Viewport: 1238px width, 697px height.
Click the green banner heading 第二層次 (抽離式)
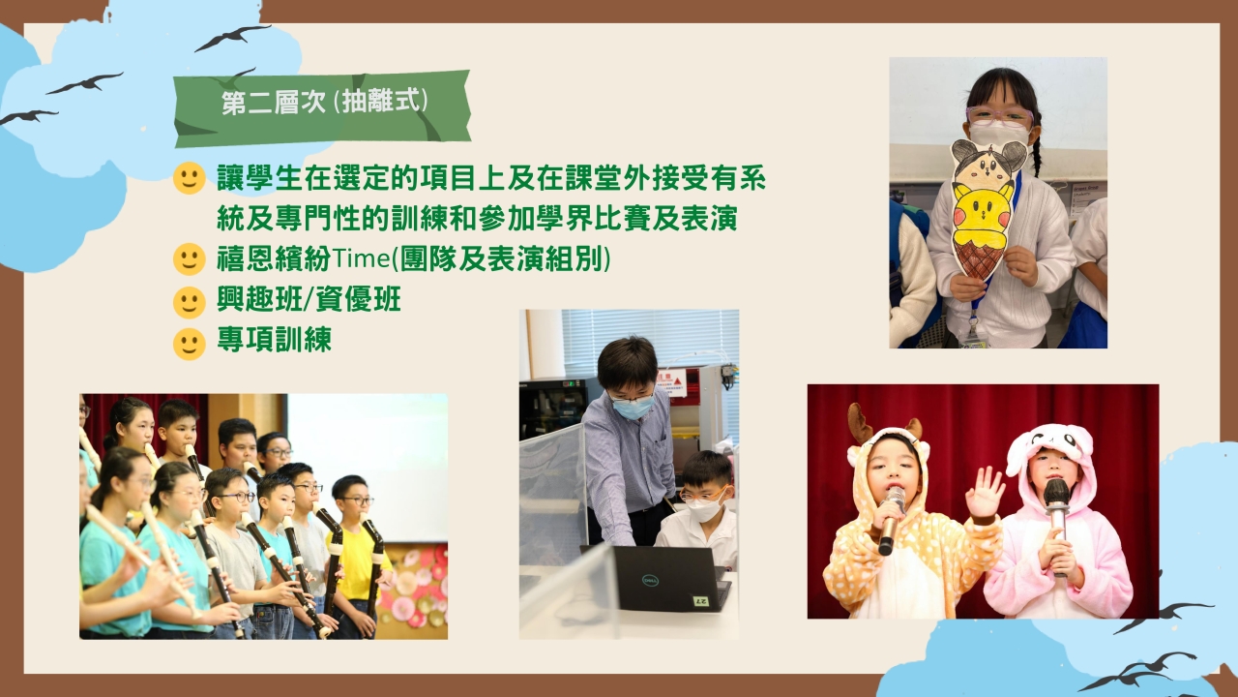tap(322, 107)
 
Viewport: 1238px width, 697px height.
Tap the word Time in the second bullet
tap(361, 258)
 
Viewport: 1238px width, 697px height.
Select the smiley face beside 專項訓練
tap(189, 344)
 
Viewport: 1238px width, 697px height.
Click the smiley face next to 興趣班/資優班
tap(189, 302)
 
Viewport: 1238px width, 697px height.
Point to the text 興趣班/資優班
tap(309, 299)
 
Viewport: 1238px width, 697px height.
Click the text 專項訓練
tap(274, 339)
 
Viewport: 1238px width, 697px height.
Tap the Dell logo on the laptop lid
tap(650, 580)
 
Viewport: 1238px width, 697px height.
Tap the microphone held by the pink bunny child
tap(1057, 526)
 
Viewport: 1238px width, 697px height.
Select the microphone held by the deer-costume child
tap(890, 520)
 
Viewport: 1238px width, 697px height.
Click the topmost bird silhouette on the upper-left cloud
tap(233, 38)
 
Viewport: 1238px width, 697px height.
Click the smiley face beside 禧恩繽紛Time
tap(189, 258)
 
